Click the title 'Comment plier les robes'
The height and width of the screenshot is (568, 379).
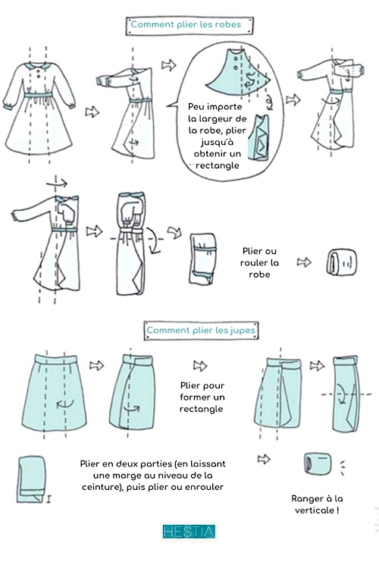[x=186, y=24]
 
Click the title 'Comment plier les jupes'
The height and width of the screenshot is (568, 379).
[x=201, y=331]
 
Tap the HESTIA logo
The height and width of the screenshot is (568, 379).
[x=189, y=532]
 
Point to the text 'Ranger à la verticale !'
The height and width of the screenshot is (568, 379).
[x=317, y=504]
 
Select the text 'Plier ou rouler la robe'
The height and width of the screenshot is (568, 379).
[x=259, y=262]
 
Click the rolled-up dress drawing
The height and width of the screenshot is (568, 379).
[x=342, y=262]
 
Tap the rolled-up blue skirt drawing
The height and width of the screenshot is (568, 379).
[x=318, y=463]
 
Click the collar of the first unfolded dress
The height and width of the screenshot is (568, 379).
[x=38, y=65]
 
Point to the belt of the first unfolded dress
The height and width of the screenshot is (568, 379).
[x=39, y=95]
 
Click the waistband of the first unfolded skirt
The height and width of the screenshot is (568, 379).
[x=56, y=359]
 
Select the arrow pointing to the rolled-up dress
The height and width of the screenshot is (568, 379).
[x=304, y=262]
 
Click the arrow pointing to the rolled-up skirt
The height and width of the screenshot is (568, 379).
[x=264, y=460]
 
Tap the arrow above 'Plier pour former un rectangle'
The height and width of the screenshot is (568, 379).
[x=200, y=366]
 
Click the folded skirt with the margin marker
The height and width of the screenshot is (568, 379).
[x=32, y=479]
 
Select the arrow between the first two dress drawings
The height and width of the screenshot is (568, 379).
[x=92, y=111]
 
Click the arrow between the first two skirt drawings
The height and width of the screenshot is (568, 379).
[x=97, y=366]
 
